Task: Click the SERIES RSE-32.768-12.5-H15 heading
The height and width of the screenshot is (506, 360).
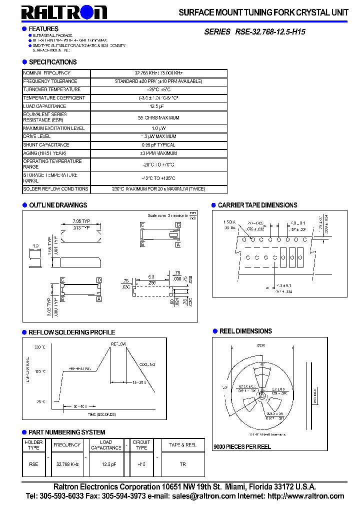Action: tap(254, 31)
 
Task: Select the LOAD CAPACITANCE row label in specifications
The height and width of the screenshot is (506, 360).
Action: tap(44, 106)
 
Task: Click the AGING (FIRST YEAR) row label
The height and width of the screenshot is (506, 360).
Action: tap(44, 153)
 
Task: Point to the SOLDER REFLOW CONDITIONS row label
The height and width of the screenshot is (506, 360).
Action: tap(55, 189)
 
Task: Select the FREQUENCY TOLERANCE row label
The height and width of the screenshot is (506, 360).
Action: tap(50, 81)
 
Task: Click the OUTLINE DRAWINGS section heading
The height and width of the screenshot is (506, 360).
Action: tap(58, 205)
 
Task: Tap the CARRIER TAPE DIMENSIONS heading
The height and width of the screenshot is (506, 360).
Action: tap(257, 205)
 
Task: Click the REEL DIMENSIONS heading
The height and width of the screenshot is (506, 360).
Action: tap(245, 331)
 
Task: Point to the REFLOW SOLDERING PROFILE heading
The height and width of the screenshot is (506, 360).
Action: tap(71, 332)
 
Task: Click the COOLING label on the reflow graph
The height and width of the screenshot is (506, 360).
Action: tap(147, 364)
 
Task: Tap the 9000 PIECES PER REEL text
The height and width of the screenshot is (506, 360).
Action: tap(242, 446)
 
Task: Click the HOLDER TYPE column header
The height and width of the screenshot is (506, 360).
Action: tap(33, 444)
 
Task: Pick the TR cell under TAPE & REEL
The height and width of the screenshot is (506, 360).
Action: tap(182, 464)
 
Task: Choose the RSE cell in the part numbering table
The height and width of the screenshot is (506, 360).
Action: tap(33, 464)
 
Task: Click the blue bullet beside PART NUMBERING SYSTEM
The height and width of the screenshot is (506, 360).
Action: tap(24, 432)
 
